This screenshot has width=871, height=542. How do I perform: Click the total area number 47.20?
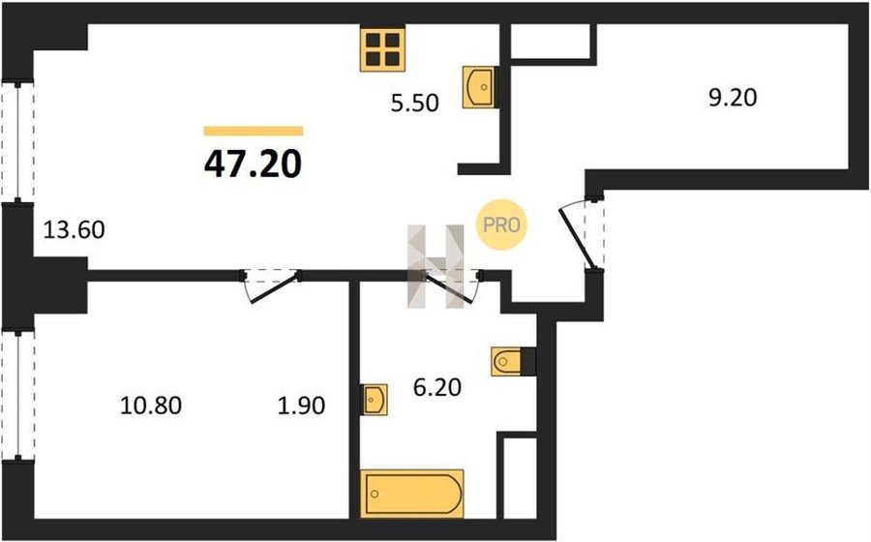[x=253, y=165]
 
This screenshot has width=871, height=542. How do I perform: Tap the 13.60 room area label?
[x=74, y=229]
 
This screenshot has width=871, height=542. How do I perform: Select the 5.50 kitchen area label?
[x=414, y=104]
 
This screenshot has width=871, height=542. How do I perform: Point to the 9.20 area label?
[x=733, y=98]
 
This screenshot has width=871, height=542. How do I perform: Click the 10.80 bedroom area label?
[x=151, y=406]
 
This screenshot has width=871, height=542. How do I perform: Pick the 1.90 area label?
[x=301, y=406]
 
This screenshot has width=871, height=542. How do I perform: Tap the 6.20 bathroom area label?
[x=437, y=387]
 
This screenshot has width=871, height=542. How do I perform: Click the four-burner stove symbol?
[x=382, y=48]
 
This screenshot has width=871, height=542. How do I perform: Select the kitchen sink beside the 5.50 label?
[x=479, y=87]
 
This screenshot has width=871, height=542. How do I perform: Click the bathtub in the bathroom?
[x=411, y=494]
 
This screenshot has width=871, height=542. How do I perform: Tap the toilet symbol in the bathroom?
[x=507, y=362]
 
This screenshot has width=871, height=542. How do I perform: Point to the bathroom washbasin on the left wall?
[x=374, y=400]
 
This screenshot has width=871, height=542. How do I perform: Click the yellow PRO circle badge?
[x=501, y=225]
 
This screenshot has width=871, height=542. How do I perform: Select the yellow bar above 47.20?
[x=254, y=131]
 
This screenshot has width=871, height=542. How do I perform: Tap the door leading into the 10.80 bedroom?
[x=272, y=286]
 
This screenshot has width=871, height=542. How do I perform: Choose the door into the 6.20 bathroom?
[x=452, y=286]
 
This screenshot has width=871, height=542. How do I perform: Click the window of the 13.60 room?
[x=17, y=142]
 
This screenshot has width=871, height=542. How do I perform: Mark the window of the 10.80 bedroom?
[x=17, y=395]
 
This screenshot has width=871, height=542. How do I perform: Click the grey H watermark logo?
[x=435, y=266]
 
